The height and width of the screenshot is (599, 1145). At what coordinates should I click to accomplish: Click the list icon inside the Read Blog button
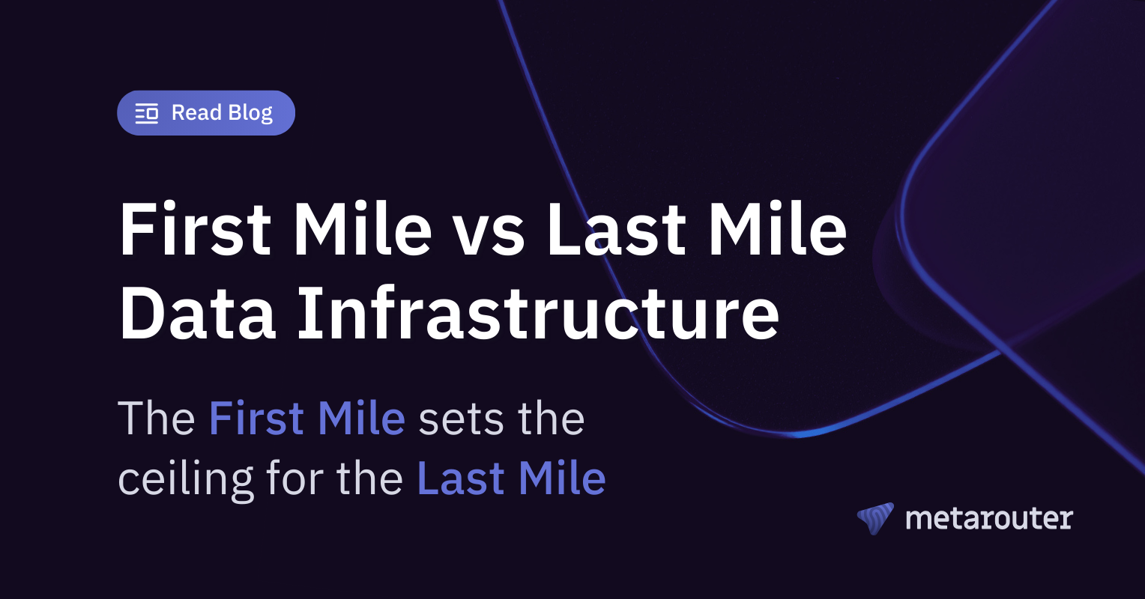click(x=147, y=114)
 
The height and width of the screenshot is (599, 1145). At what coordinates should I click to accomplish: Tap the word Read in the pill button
click(x=196, y=113)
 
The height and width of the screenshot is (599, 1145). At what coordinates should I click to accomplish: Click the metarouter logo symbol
click(x=875, y=518)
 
